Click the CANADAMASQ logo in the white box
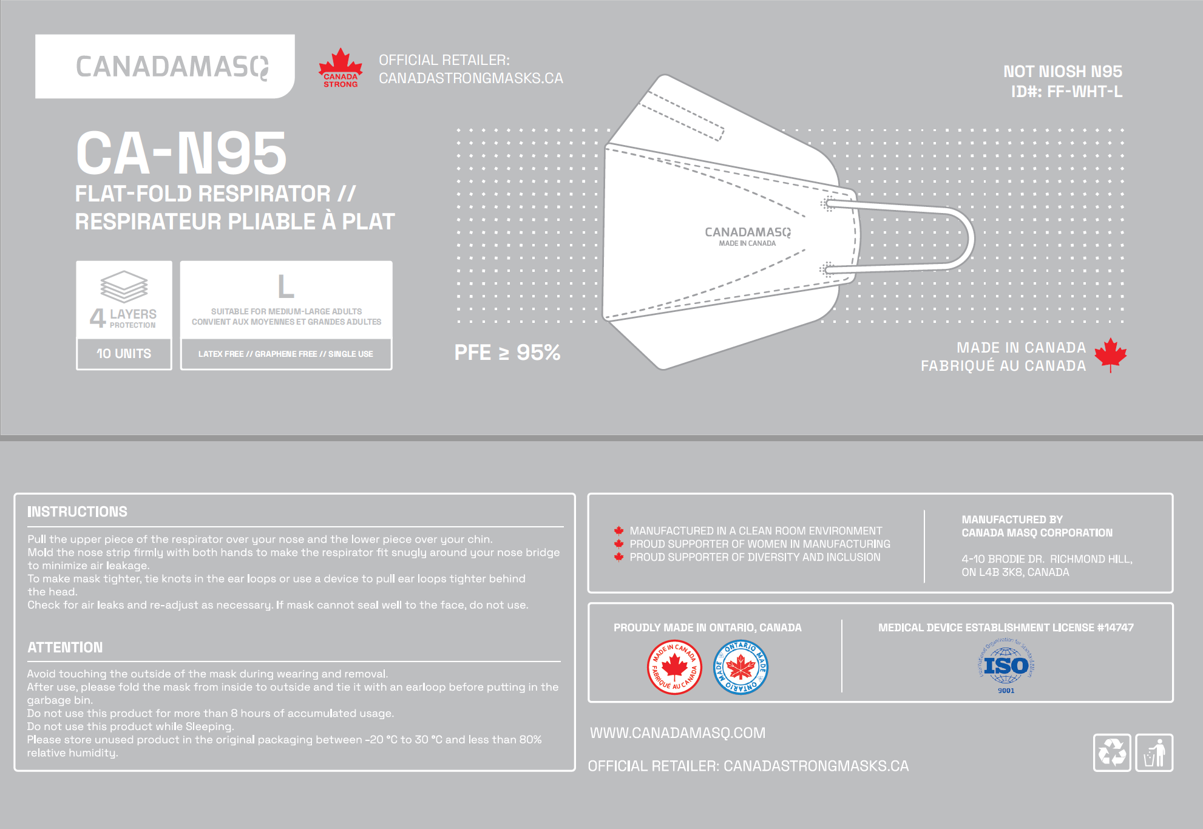172,67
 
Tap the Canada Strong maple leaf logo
341,67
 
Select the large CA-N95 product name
181,154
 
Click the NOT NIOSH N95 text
1062,72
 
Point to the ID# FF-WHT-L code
1066,92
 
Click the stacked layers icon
124,286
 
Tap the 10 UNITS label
124,353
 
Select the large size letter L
286,286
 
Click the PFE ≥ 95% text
507,353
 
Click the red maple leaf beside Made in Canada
1110,354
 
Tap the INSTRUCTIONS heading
77,512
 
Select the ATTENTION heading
65,648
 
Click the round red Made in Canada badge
674,667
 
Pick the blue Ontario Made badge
740,667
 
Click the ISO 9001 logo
1006,666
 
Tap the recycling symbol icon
1111,753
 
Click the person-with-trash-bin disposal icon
1154,753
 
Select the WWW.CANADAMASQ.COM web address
677,733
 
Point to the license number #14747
1115,628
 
